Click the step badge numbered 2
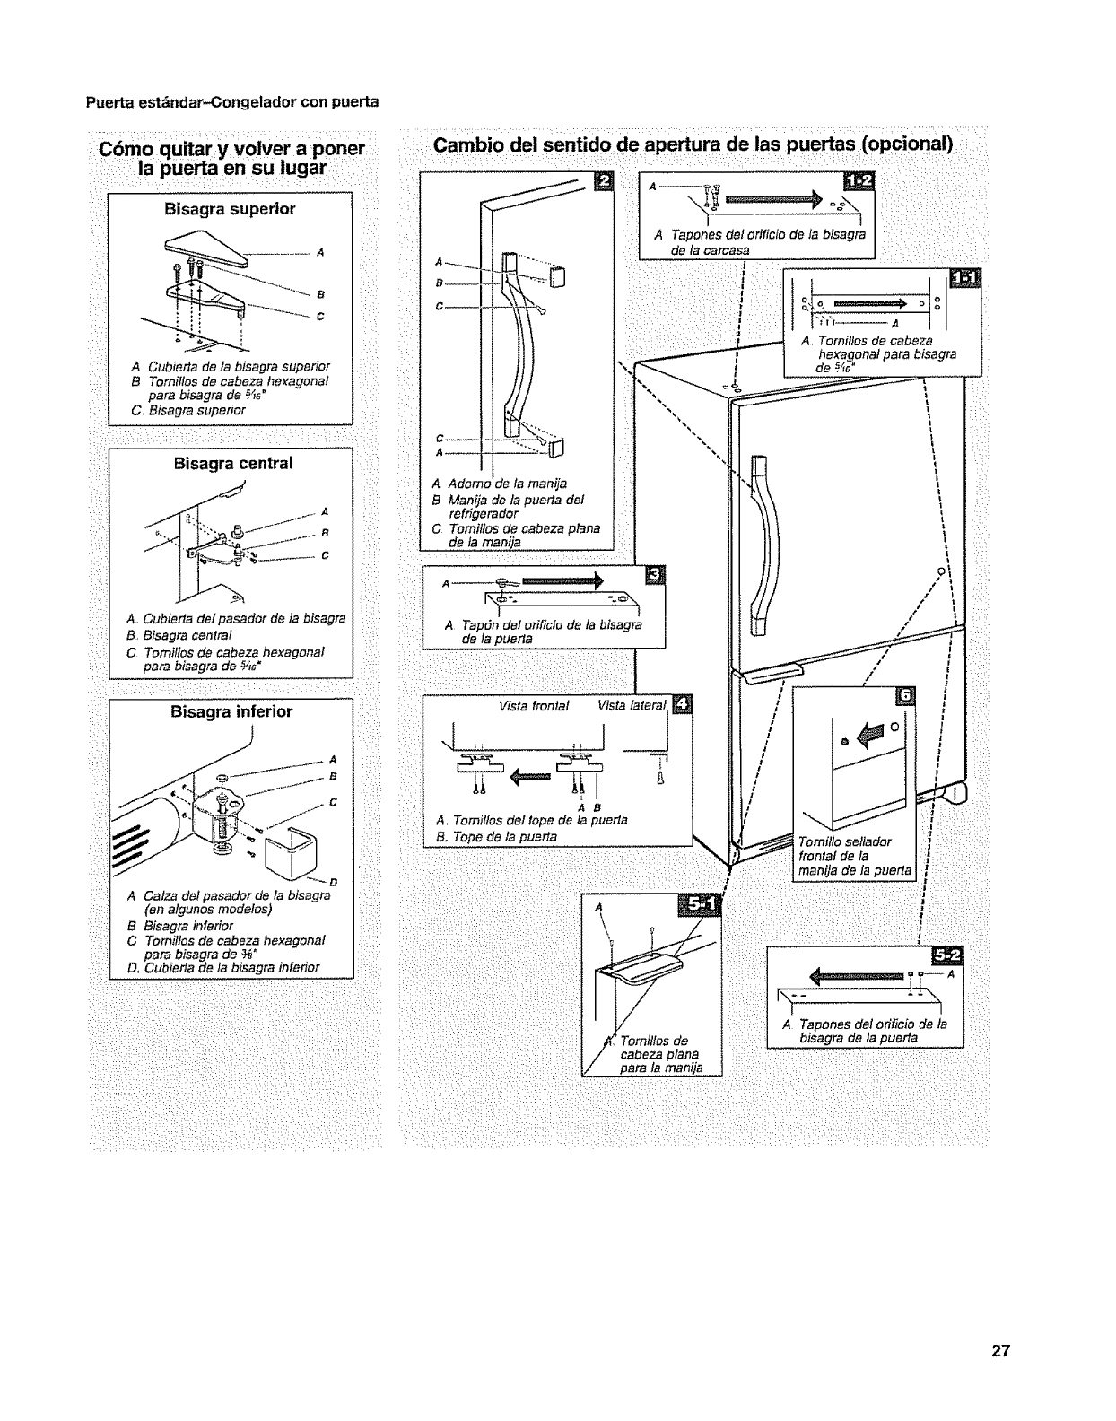point(606,183)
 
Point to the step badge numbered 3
point(656,575)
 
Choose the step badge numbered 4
point(683,704)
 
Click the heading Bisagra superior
point(230,209)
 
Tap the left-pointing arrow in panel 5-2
point(857,975)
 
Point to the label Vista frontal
point(534,706)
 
